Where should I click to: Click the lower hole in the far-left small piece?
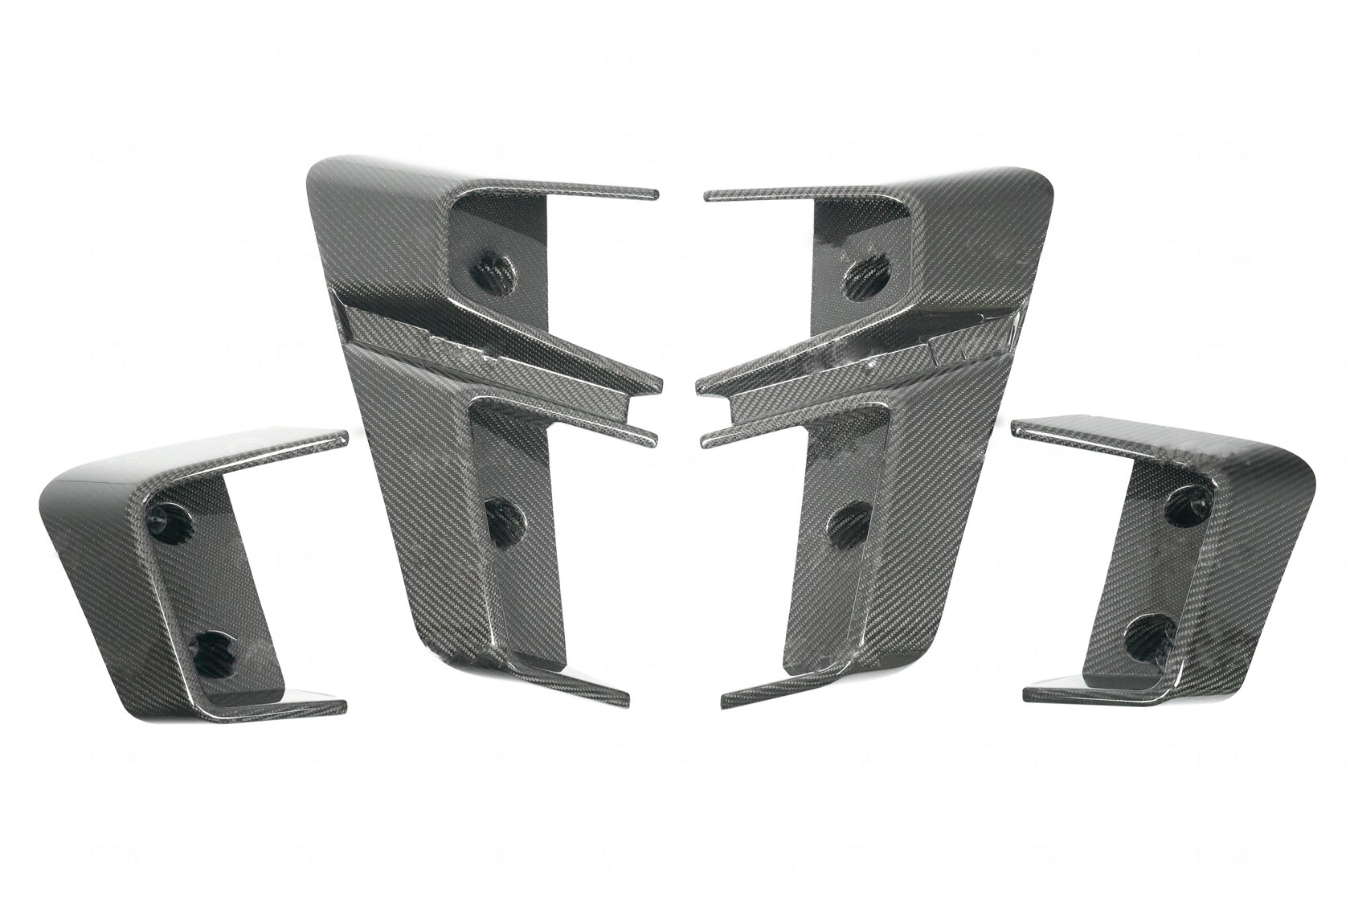212,648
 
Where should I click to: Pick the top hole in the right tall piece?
862,274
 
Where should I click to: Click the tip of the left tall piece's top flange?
654,194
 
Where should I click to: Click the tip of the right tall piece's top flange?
708,195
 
